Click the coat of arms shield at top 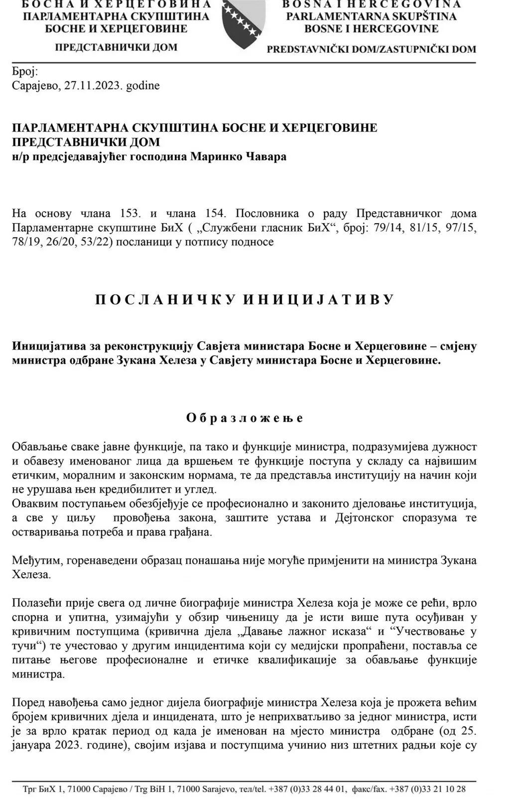[x=244, y=22]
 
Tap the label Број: [x=24, y=71]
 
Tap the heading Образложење [x=245, y=417]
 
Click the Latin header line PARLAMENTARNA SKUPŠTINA [x=371, y=16]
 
